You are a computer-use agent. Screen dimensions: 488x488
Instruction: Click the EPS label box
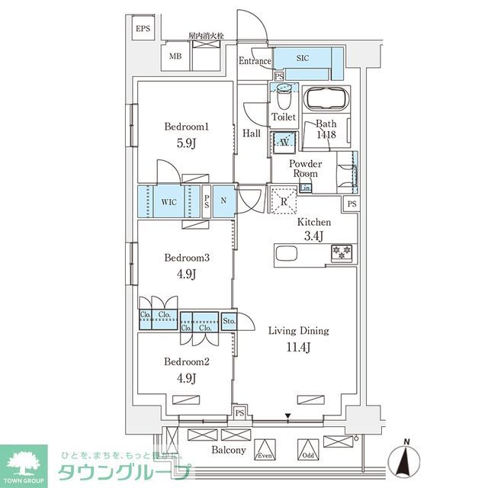pos(143,30)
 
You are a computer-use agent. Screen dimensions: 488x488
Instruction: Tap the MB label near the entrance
pos(175,56)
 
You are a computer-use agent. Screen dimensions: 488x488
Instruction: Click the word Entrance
pos(255,62)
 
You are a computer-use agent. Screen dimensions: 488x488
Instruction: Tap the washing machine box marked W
pos(284,141)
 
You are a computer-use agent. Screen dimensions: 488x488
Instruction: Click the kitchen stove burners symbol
pos(340,252)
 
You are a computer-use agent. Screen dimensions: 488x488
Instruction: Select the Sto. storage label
pos(230,321)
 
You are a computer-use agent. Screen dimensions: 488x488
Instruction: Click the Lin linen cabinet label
pos(305,188)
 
